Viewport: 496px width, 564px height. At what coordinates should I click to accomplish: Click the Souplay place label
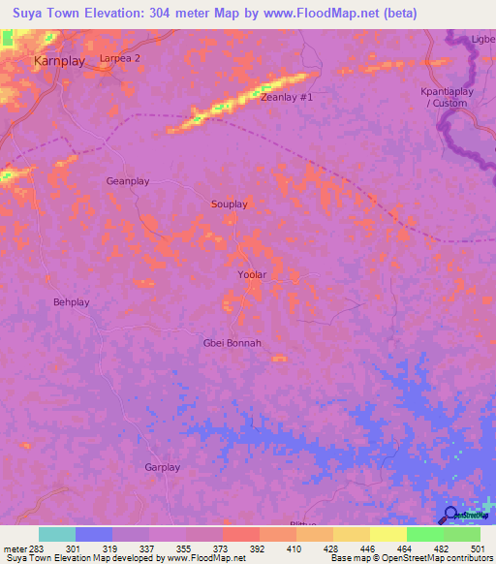click(230, 204)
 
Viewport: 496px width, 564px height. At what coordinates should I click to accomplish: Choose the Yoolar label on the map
click(252, 275)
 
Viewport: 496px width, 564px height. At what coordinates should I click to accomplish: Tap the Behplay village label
click(71, 302)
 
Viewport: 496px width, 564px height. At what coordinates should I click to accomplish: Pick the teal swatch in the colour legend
click(57, 534)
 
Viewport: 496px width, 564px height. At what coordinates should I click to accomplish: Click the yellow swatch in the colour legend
click(388, 534)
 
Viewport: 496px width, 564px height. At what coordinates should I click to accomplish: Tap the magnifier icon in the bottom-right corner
click(451, 515)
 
